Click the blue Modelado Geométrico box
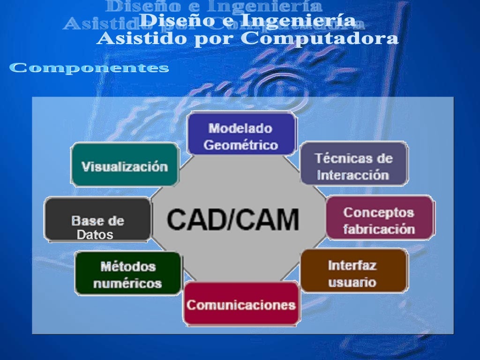241,134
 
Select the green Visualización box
125,165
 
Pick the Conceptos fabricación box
379,218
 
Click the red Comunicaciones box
241,305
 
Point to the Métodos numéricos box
127,274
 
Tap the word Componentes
89,68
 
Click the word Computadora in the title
320,39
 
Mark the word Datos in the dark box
95,235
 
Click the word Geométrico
241,145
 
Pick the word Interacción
353,175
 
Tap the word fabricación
379,229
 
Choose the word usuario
352,283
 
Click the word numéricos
127,283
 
